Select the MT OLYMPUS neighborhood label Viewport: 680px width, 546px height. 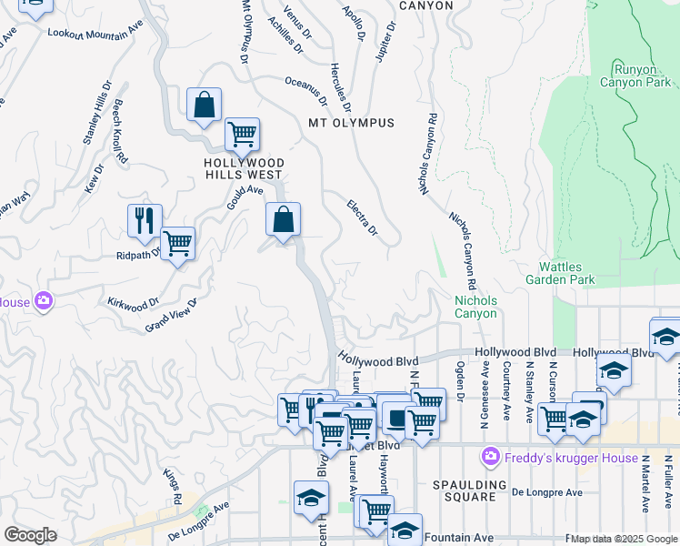tap(351, 123)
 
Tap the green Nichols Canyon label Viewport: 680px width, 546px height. tap(475, 307)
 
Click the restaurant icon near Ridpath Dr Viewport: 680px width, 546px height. tap(145, 219)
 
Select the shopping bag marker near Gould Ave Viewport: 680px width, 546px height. tap(283, 218)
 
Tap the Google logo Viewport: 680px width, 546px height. tap(29, 535)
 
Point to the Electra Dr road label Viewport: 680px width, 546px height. tap(362, 218)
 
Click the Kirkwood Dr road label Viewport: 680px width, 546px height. tap(134, 300)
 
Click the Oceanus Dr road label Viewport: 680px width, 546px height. tap(305, 91)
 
